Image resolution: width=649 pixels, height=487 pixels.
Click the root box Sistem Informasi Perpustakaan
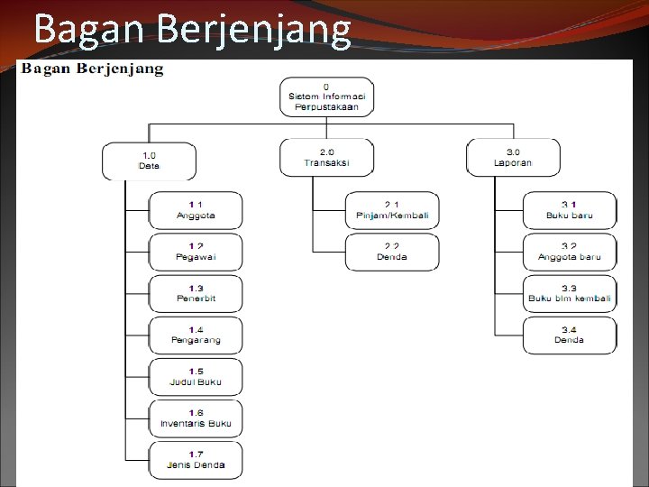coord(325,96)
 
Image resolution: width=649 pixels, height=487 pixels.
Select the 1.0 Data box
coord(149,160)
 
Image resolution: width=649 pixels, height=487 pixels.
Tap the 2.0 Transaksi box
coord(326,157)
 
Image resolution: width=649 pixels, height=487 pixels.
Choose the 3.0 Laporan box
coord(513,157)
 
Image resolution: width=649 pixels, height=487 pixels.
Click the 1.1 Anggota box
coord(196,210)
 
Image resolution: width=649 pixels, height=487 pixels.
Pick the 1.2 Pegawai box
coord(196,252)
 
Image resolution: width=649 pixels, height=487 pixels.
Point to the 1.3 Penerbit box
coord(196,293)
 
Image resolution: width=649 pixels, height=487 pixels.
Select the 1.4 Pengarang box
coord(196,335)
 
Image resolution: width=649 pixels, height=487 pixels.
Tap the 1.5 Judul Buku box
coord(196,376)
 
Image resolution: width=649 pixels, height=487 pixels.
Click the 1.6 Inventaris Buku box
coord(196,418)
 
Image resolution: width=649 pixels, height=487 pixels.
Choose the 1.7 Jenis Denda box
coord(196,459)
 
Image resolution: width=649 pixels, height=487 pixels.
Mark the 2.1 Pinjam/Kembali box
coord(392,210)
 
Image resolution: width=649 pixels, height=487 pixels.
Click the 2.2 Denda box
coord(392,252)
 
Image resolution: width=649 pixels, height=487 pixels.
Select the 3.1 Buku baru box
coord(570,210)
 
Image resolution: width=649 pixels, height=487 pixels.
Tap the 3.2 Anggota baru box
coord(570,252)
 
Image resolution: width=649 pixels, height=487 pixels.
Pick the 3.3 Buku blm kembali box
coord(570,293)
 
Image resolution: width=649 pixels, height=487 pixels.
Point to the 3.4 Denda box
coord(570,335)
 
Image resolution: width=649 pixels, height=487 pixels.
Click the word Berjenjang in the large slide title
coord(253,30)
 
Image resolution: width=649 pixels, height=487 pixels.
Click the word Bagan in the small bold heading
coord(47,69)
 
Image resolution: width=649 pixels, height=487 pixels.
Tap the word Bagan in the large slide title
coord(90,30)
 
